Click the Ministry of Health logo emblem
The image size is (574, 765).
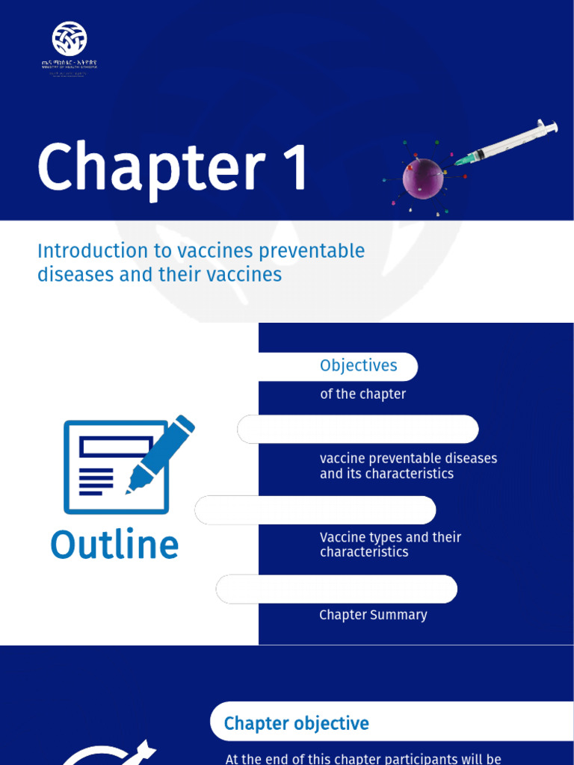point(70,38)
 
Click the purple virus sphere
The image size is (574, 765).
point(423,178)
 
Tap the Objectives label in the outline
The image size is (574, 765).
point(358,366)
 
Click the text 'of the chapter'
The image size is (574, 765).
point(362,394)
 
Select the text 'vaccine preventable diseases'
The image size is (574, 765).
point(408,458)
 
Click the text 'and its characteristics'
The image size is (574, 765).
point(386,474)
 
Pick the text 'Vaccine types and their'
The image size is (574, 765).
point(390,537)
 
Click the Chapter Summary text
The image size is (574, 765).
point(373,615)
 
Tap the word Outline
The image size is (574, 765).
point(114,545)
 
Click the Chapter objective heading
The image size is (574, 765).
point(296,723)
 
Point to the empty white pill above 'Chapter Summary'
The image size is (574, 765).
point(336,589)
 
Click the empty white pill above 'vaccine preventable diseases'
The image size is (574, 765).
point(358,430)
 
